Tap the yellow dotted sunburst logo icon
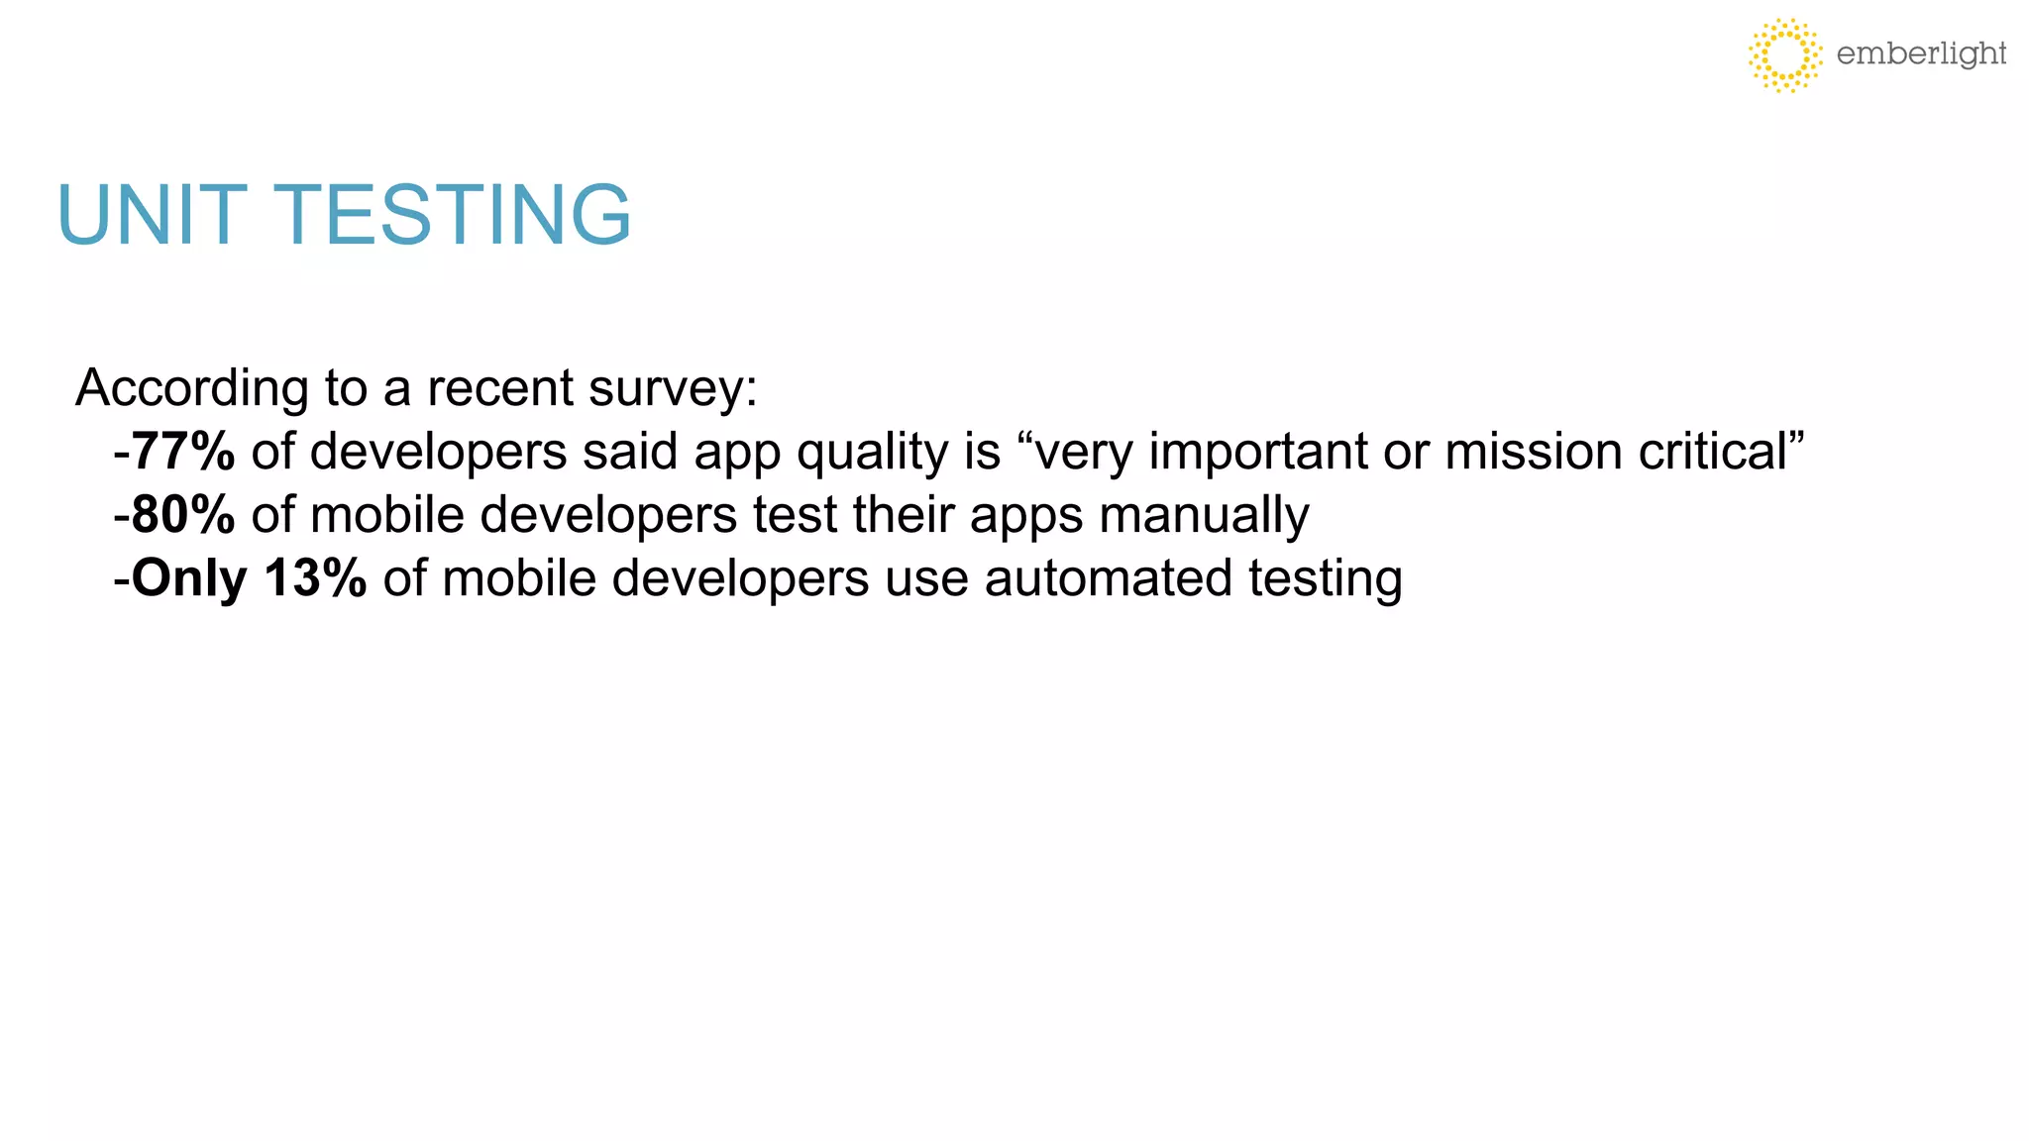(1784, 54)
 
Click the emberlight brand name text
(1921, 53)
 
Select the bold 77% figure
(183, 452)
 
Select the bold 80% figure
(183, 515)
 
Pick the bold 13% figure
(315, 578)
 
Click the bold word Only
(188, 578)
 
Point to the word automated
(1108, 578)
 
